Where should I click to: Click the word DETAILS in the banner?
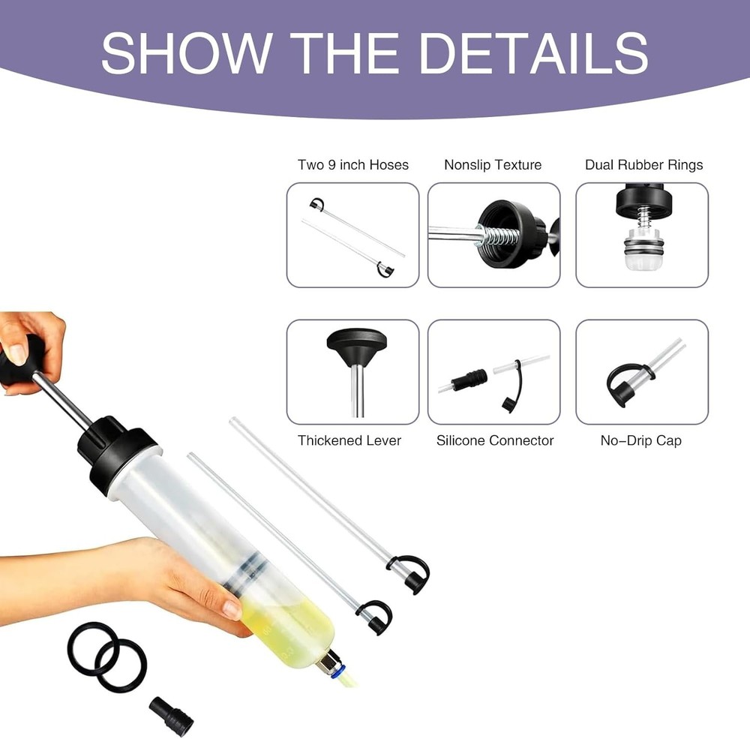tap(533, 53)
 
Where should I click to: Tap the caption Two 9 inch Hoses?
tap(352, 165)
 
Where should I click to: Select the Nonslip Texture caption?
tap(493, 165)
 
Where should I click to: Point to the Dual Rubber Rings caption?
tap(643, 165)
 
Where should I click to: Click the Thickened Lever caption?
tap(349, 440)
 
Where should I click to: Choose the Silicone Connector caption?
tap(495, 440)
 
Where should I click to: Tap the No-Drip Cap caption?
tap(640, 440)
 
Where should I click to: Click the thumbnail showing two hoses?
tap(352, 235)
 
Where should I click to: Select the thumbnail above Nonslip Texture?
tap(493, 235)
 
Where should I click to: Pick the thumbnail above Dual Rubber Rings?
tap(641, 235)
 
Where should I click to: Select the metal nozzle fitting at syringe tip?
tap(328, 662)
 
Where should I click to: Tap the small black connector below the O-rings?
tap(171, 716)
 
